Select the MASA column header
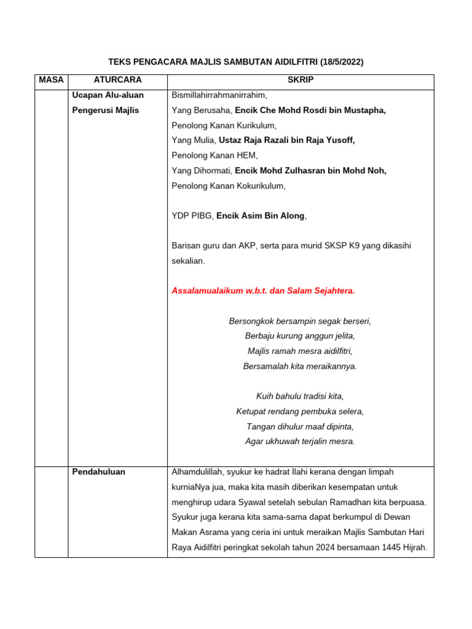[51, 80]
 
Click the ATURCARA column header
[117, 80]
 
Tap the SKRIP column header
[301, 80]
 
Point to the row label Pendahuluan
[98, 472]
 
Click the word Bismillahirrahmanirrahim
[219, 95]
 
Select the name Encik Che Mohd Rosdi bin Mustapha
[310, 110]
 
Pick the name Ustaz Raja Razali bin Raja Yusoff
[287, 140]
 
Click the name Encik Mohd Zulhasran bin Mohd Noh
[310, 170]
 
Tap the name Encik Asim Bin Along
[261, 216]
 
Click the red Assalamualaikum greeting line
[263, 291]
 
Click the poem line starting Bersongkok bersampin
[300, 321]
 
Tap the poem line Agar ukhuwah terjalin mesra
[300, 441]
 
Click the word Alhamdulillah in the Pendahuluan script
[197, 472]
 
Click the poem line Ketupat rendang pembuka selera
[300, 411]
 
